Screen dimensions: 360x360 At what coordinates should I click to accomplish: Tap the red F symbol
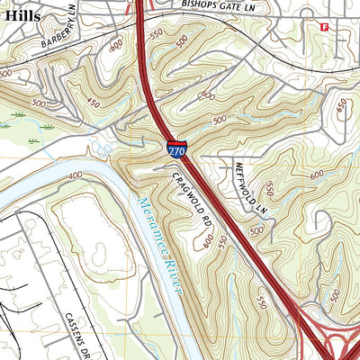click(x=324, y=28)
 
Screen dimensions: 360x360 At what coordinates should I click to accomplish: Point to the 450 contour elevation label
click(x=93, y=102)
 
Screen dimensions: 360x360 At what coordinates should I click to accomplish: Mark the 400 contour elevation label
click(x=75, y=175)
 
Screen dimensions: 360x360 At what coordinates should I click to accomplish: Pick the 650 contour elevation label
click(x=341, y=106)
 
